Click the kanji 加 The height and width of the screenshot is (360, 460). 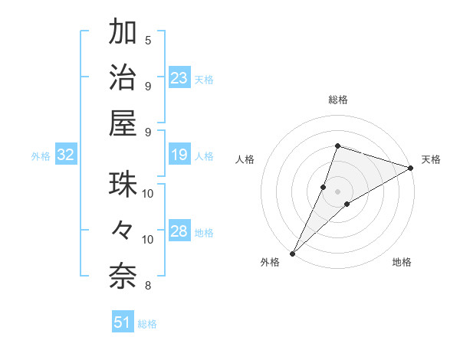click(123, 33)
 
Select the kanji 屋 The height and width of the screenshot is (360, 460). click(123, 123)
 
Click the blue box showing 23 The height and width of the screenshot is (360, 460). click(179, 78)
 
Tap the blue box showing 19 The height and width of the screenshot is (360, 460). click(179, 155)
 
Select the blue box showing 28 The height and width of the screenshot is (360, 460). click(179, 232)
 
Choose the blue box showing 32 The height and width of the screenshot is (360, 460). click(66, 155)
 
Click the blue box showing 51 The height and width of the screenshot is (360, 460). click(123, 322)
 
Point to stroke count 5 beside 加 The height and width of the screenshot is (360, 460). click(148, 40)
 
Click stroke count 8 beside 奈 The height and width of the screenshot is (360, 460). click(148, 286)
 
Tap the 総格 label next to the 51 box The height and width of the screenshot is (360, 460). click(147, 324)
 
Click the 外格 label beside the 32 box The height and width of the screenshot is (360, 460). click(41, 156)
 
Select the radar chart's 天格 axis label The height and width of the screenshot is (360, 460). click(431, 159)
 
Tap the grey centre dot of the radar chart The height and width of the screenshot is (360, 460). click(337, 191)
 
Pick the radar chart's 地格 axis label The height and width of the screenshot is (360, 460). click(402, 263)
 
